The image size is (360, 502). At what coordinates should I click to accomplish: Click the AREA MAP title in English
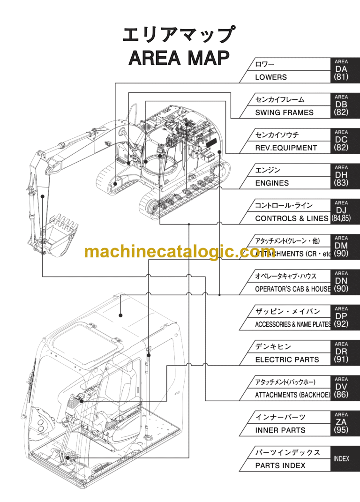coord(179,58)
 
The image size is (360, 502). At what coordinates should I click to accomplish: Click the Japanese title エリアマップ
coord(179,35)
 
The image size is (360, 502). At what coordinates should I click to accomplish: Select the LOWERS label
coord(271,77)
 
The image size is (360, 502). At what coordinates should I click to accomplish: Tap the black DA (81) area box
coord(341,71)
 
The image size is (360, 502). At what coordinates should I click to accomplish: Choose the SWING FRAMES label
coord(284,112)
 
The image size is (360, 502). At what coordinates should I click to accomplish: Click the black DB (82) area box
coord(341,106)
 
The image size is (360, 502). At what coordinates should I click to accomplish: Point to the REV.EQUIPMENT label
coord(286,148)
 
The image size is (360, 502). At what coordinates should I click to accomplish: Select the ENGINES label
coord(272,183)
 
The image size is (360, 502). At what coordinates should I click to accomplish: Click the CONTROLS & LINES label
coord(292,218)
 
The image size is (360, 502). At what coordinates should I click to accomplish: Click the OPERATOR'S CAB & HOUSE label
coord(292,289)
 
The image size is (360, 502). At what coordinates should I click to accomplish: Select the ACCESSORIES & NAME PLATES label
coord(293,324)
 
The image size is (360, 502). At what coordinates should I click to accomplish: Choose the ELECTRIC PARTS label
coord(287,360)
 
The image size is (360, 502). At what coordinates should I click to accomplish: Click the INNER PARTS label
coord(280,430)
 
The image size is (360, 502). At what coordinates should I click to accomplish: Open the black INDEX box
coord(341,458)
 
